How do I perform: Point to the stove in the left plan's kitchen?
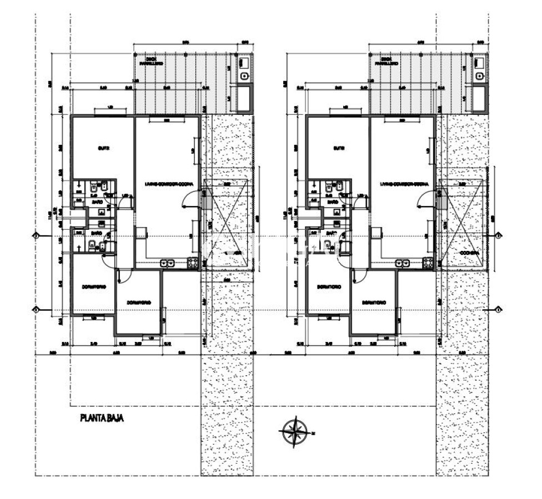click(193, 263)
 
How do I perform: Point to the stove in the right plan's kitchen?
click(428, 263)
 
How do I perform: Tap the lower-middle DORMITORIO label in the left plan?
click(139, 302)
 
